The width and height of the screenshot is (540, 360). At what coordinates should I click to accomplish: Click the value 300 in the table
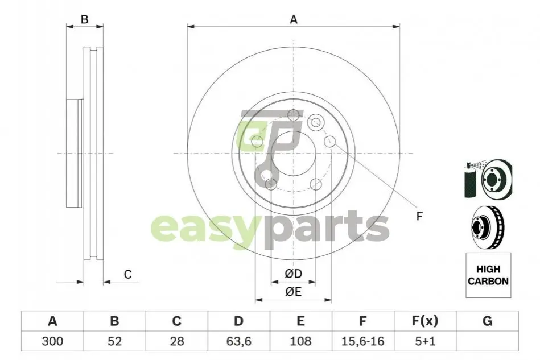52,341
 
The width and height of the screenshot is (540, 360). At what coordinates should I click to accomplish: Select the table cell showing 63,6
238,341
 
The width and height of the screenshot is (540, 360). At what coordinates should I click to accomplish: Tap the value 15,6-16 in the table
362,341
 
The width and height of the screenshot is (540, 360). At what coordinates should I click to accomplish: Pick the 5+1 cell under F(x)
425,341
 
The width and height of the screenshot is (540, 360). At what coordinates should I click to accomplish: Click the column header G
487,321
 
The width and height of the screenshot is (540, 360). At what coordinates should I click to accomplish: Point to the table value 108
300,341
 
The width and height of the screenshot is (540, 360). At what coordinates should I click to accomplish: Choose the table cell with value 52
114,341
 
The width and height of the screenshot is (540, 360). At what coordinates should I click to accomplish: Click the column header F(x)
425,321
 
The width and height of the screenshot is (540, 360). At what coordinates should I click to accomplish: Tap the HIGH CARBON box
488,275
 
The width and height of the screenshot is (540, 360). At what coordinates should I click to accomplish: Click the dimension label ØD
294,274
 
